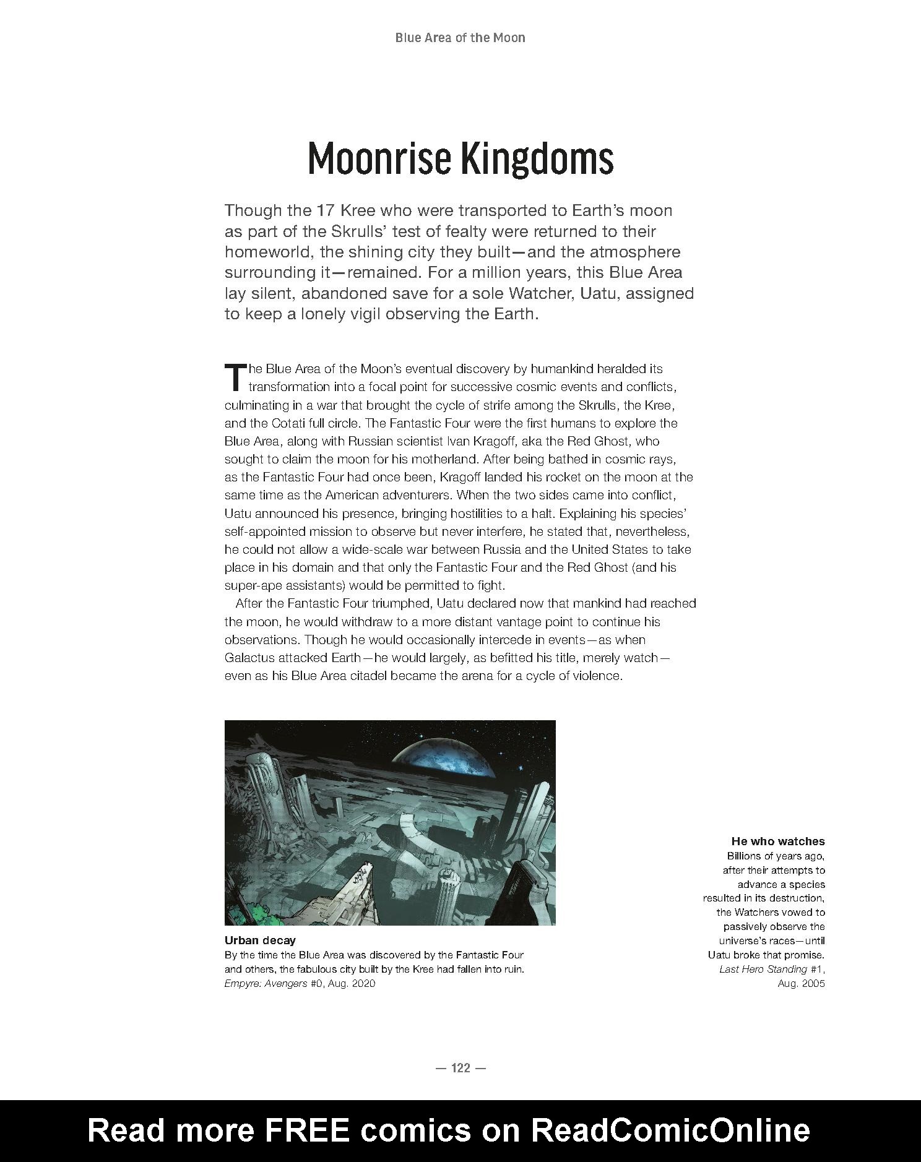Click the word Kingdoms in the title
[x=537, y=158]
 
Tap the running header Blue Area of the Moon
[x=460, y=38]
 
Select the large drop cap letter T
[x=235, y=377]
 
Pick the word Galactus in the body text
[x=248, y=658]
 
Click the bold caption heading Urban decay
[x=260, y=940]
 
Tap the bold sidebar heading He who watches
[x=777, y=841]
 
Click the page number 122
[x=460, y=1067]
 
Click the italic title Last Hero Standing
[x=763, y=969]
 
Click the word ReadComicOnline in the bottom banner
[x=670, y=1130]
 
